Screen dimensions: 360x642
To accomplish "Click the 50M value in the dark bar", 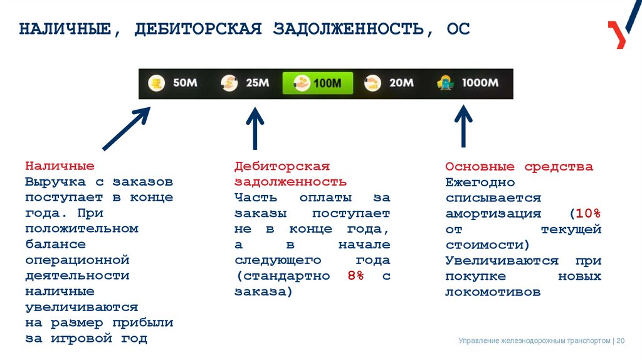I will (184, 83).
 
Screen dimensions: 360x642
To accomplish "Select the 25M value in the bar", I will (257, 83).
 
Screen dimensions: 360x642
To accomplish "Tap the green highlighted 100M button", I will (318, 83).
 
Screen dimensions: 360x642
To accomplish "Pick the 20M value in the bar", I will (401, 83).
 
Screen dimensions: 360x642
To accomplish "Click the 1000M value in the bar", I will (480, 83).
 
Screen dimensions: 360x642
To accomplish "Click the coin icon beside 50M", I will (156, 83).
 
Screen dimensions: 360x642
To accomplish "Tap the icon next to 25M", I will (229, 83).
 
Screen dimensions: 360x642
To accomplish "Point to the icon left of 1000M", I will (446, 83).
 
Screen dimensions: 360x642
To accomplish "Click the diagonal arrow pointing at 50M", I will (126, 129).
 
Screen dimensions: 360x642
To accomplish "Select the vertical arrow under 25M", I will (255, 129).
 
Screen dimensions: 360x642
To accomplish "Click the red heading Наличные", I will (60, 166).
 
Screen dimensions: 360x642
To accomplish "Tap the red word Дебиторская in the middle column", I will (282, 166).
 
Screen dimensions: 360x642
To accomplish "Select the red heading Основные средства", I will (519, 167).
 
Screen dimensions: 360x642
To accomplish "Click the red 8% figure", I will (355, 276).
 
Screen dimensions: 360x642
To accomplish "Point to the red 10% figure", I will (586, 213).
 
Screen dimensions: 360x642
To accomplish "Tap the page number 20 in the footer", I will (621, 341).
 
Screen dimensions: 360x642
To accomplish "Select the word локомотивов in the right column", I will (493, 292).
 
